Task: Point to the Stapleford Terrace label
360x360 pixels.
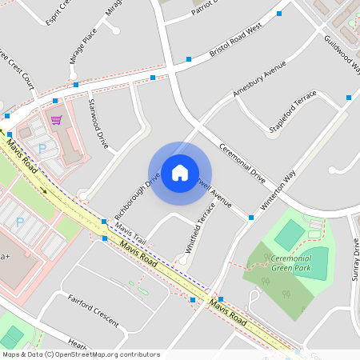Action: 293,112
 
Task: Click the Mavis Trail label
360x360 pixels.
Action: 130,234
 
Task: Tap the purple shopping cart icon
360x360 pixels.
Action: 56,120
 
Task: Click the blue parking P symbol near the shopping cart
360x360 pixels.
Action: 42,148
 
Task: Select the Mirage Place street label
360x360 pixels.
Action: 83,46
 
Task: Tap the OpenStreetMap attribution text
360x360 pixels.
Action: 81,354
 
